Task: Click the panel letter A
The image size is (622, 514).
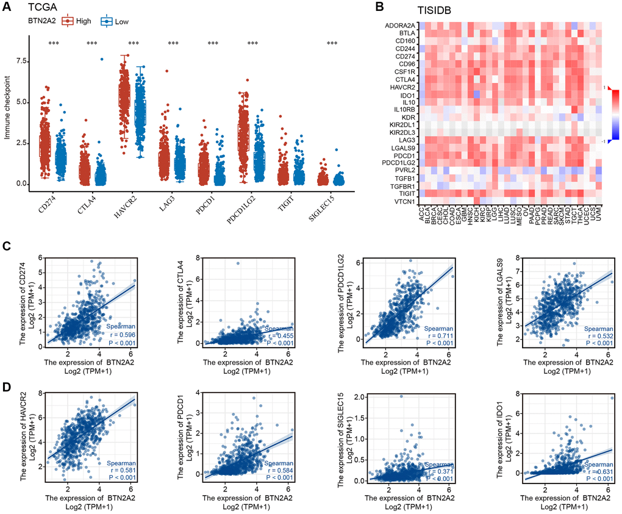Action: pos(7,7)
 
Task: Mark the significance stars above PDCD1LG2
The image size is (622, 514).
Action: pos(252,43)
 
